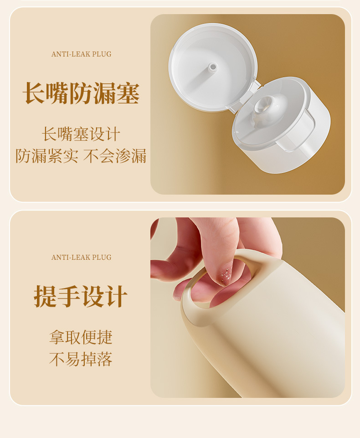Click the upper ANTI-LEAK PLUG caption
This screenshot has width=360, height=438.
(x=81, y=54)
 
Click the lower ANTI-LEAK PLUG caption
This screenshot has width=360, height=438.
(x=81, y=257)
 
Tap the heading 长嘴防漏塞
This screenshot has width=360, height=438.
(x=81, y=93)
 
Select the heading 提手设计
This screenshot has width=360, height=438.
(x=81, y=296)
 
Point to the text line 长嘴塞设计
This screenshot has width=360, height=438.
(x=81, y=134)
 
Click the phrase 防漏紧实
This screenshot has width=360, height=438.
(x=47, y=156)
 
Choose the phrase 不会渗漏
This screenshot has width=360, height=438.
(x=115, y=156)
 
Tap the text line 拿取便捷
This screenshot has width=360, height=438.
(x=81, y=337)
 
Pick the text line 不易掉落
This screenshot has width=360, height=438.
(x=81, y=359)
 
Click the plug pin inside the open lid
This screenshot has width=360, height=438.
(x=212, y=67)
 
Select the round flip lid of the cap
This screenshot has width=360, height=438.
(x=213, y=67)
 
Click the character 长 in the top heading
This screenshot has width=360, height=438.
(x=34, y=93)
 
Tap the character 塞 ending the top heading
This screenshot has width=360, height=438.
(x=128, y=93)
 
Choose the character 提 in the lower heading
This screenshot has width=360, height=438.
(x=46, y=296)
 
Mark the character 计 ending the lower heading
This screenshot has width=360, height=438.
(x=116, y=296)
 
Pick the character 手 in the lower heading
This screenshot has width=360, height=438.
(x=69, y=296)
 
